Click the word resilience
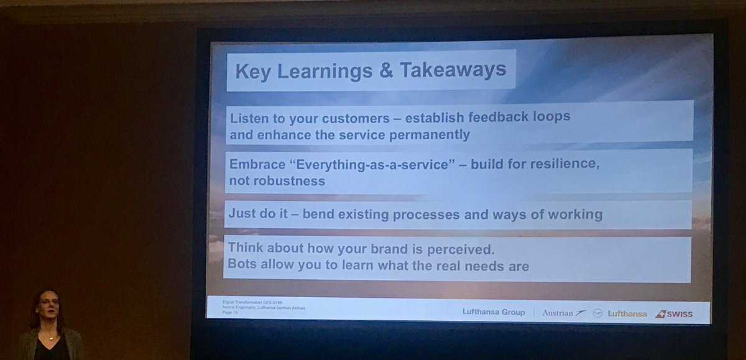click(565, 165)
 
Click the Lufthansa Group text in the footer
click(494, 312)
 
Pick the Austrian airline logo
click(563, 313)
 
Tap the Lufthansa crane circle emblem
click(598, 313)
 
